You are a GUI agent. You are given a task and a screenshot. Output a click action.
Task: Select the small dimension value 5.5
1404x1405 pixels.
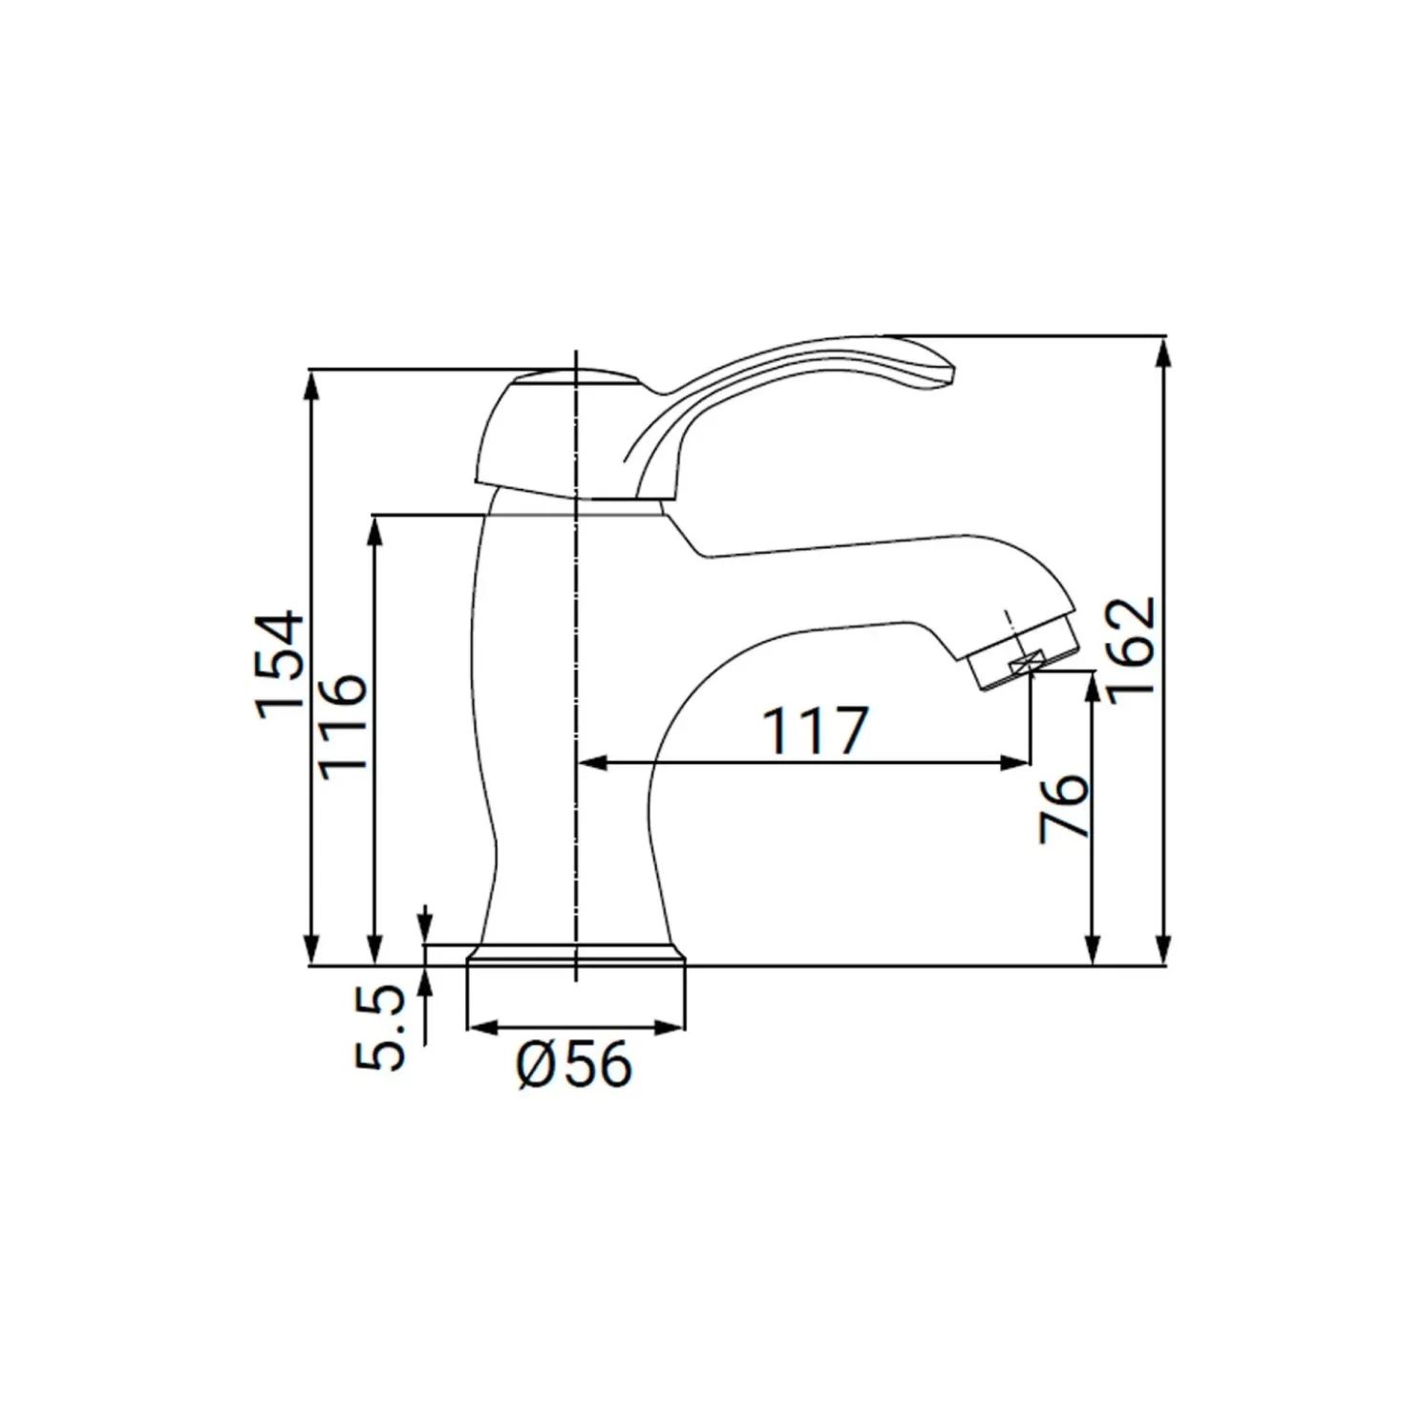(x=379, y=1028)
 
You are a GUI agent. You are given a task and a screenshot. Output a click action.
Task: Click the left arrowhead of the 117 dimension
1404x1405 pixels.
(x=591, y=763)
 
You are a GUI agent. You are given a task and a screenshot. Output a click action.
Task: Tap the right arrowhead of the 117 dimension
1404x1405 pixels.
(x=1015, y=763)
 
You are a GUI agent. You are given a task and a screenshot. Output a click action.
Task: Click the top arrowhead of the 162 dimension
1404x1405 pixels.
(x=1165, y=352)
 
